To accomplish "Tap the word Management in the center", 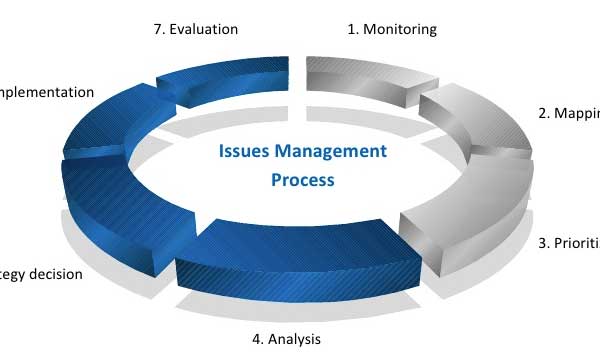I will [x=329, y=152].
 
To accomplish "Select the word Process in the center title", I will [x=303, y=181].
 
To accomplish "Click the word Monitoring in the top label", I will [x=400, y=29].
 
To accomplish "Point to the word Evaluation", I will [x=204, y=29].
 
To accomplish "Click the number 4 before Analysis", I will [x=257, y=339].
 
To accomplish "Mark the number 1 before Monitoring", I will [x=352, y=29].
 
